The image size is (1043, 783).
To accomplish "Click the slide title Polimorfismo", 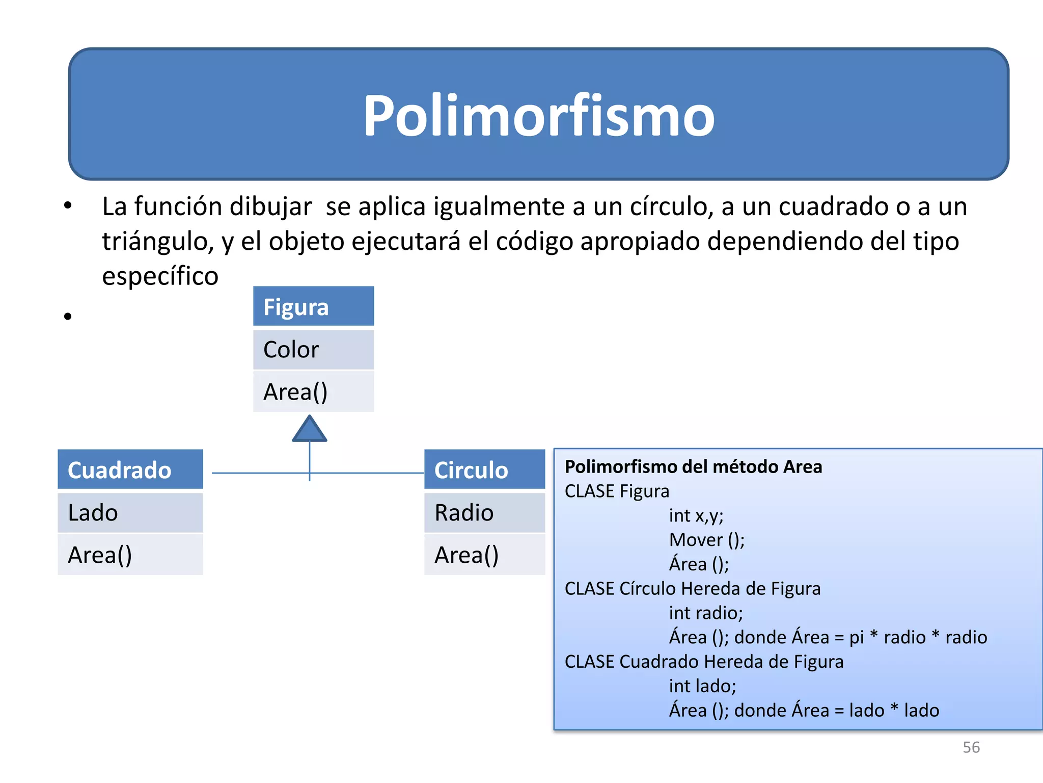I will pyautogui.click(x=538, y=116).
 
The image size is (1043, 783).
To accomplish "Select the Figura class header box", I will pyautogui.click(x=313, y=307).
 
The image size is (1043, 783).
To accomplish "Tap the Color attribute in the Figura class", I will pyautogui.click(x=313, y=350).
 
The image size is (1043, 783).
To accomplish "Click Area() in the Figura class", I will pyautogui.click(x=313, y=392).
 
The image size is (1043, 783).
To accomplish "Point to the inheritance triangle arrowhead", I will pyautogui.click(x=310, y=430).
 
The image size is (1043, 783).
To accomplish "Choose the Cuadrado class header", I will pyautogui.click(x=130, y=469).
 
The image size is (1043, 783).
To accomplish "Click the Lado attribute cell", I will pyautogui.click(x=130, y=512).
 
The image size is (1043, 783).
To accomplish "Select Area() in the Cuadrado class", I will pyautogui.click(x=130, y=555).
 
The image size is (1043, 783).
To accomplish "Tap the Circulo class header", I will pyautogui.click(x=484, y=469).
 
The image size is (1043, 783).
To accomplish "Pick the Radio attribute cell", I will pyautogui.click(x=484, y=512).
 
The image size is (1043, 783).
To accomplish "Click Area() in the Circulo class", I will pyautogui.click(x=484, y=555).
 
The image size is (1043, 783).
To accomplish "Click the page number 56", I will pyautogui.click(x=971, y=747).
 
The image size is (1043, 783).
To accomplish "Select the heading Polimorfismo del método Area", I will pyautogui.click(x=693, y=467).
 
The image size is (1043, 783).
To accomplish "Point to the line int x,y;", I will pyautogui.click(x=696, y=515).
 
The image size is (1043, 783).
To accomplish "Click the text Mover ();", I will pyautogui.click(x=707, y=540).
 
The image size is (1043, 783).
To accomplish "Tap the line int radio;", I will pyautogui.click(x=706, y=613).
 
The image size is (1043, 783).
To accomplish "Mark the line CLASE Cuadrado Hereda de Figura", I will pyautogui.click(x=704, y=662).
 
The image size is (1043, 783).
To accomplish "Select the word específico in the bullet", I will pyautogui.click(x=160, y=276).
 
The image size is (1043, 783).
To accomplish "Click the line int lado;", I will pyautogui.click(x=702, y=686).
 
